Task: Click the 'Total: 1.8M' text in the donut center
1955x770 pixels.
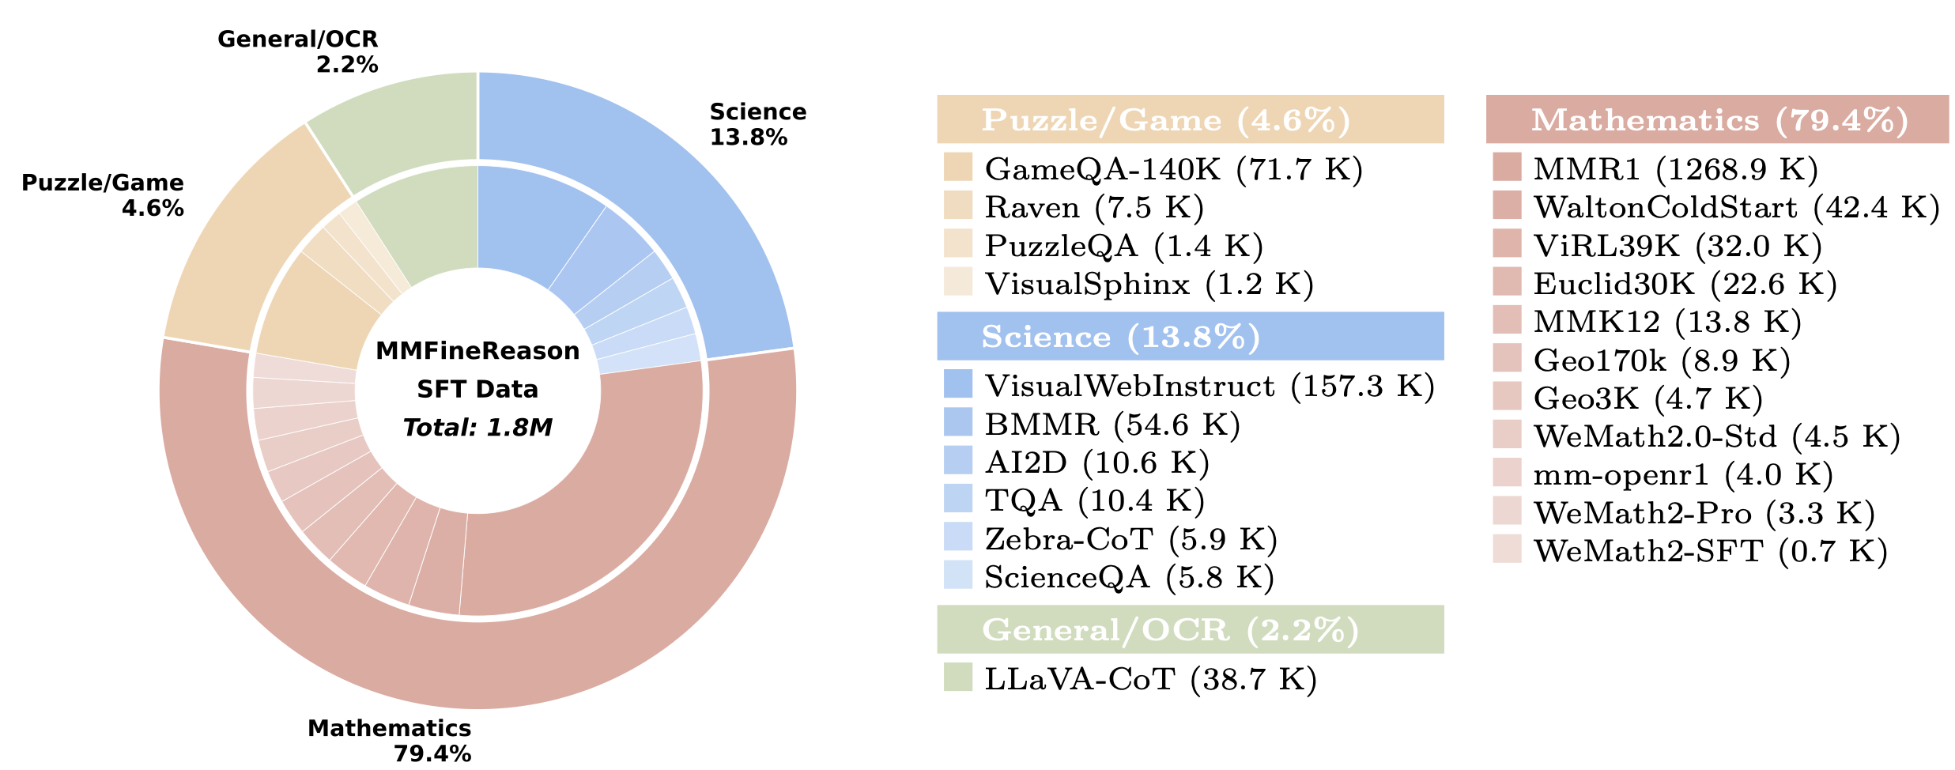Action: [x=477, y=428]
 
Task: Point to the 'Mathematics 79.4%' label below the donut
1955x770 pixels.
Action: [x=390, y=740]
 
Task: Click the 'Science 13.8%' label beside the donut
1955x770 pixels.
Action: [x=757, y=124]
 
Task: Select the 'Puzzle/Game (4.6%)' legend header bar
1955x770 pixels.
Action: [x=1190, y=119]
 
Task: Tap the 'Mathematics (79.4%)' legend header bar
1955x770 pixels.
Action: [x=1717, y=119]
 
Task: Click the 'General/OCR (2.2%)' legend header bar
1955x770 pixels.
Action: [x=1190, y=629]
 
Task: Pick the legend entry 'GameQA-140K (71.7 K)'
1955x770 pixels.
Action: [x=1173, y=168]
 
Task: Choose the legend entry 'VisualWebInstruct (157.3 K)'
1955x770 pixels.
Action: [x=1209, y=386]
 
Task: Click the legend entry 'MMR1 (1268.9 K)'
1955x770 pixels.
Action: [x=1675, y=168]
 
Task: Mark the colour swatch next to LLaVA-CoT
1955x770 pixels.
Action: [x=957, y=678]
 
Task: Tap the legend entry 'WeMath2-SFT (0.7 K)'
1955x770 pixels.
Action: [x=1710, y=551]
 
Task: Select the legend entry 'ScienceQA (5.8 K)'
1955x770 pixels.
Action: [x=1129, y=577]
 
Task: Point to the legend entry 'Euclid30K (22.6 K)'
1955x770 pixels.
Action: [x=1685, y=283]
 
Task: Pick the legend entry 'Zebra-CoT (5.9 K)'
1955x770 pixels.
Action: [x=1130, y=539]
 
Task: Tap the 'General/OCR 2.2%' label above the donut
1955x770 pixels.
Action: [x=297, y=51]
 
